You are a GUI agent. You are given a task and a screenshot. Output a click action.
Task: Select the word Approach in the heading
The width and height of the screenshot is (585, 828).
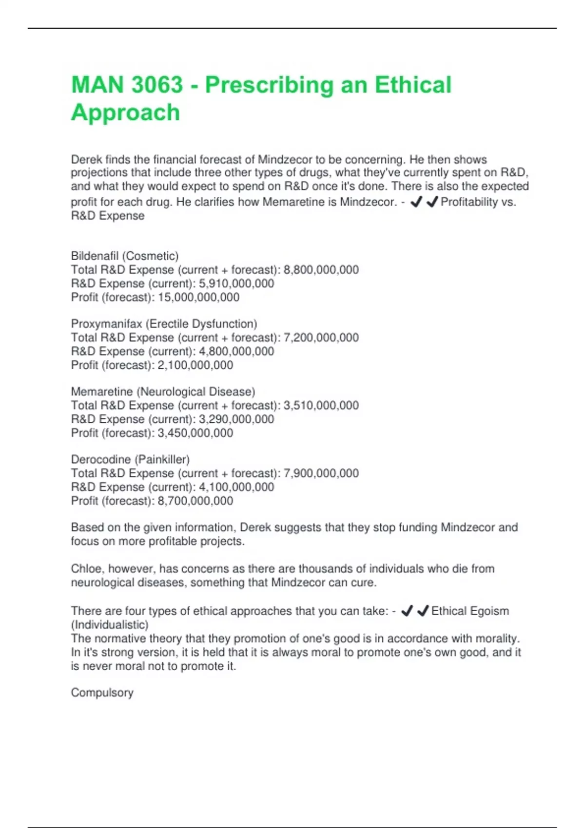pyautogui.click(x=125, y=113)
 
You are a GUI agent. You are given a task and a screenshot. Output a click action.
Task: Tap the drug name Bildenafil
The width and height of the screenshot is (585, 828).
pyautogui.click(x=95, y=256)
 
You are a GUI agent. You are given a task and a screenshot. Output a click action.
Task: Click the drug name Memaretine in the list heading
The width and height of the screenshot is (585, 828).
pyautogui.click(x=102, y=392)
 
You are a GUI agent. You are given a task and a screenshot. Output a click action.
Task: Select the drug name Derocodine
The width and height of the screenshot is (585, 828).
pyautogui.click(x=100, y=459)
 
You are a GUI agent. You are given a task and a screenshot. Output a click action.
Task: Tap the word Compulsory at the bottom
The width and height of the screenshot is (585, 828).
pyautogui.click(x=102, y=693)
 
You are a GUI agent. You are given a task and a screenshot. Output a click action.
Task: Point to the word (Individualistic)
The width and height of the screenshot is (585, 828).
pyautogui.click(x=110, y=624)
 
